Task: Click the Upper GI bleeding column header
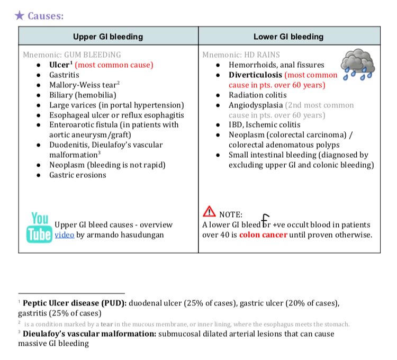[108, 37]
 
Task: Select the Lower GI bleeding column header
[289, 37]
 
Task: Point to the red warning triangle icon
[209, 212]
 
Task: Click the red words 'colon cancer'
[263, 235]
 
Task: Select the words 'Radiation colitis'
[254, 95]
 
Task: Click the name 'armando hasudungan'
[131, 235]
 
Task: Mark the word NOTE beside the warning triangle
[230, 214]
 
